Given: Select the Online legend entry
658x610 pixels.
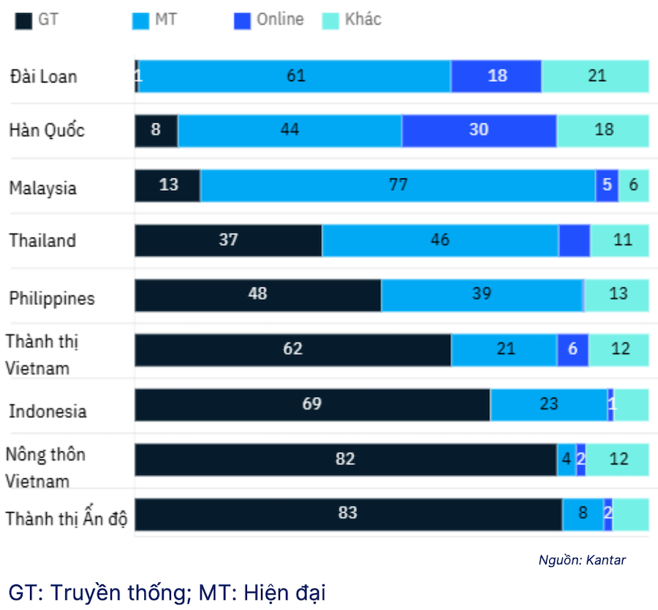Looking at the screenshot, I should tap(269, 20).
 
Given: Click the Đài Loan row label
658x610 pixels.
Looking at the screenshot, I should tap(43, 76).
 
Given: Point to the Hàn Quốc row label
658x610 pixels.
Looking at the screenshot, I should tap(47, 130).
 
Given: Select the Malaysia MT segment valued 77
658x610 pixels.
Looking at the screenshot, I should tap(398, 185).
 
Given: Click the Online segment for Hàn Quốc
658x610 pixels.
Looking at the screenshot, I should tap(479, 130).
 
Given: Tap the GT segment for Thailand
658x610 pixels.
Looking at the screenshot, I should tap(228, 240).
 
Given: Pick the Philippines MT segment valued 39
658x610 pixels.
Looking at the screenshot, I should tap(482, 295).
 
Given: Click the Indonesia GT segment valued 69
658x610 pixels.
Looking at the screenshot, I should tap(312, 404).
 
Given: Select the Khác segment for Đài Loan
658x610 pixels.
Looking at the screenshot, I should tap(595, 76).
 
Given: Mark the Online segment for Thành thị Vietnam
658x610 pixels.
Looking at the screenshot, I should tap(572, 350).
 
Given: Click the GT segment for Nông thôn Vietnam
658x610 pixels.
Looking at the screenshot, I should tap(345, 459).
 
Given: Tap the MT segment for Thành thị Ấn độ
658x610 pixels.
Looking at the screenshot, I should tap(583, 514).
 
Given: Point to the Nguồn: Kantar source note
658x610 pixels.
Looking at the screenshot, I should tap(582, 560).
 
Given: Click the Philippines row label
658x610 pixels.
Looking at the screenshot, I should tap(52, 298).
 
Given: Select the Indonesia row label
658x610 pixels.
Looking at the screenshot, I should tap(48, 411).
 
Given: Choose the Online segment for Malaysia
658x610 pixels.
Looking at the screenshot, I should tap(607, 185).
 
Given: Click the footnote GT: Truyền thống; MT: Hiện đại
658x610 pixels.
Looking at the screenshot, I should tap(167, 592).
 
